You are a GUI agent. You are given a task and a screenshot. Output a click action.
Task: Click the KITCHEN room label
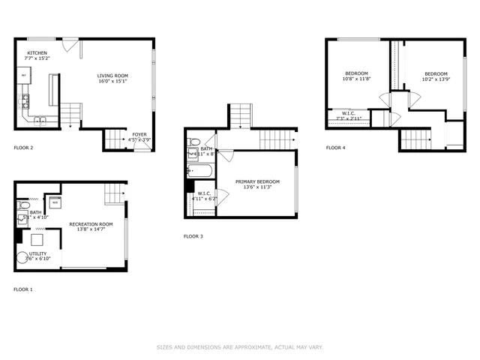coord(37,53)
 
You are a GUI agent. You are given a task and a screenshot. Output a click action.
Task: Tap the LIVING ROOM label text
coord(112,75)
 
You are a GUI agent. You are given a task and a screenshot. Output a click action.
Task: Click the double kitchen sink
coord(40,120)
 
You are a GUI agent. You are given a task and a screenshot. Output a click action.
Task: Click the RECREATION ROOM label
coord(91,224)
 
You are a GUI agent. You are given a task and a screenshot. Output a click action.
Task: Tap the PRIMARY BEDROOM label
coord(257,181)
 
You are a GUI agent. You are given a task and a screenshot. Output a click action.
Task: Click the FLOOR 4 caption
coord(335,148)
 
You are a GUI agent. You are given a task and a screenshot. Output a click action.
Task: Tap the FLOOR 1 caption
coord(23,289)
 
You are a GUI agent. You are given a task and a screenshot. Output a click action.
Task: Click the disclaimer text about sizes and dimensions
coord(239,347)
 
